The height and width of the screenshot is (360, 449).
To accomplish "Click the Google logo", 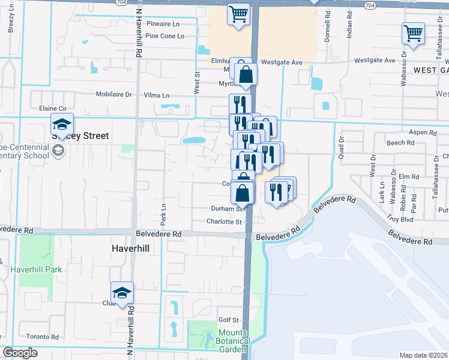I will coord(20,353).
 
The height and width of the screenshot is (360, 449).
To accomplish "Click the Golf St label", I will coord(229,320).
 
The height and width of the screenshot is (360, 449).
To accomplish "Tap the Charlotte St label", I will coord(224,221).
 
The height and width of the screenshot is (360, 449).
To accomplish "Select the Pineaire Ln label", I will coord(163,25).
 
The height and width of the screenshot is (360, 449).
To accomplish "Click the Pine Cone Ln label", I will coord(165,36).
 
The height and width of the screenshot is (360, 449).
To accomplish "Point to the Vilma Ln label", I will coord(157,95).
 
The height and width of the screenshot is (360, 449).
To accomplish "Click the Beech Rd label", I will coord(400,143).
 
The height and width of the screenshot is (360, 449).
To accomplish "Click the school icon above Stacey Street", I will coord(62,124).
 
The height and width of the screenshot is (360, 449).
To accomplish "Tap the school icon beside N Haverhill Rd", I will coord(122,293).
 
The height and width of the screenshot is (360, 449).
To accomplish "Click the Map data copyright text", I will coord(424,355).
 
